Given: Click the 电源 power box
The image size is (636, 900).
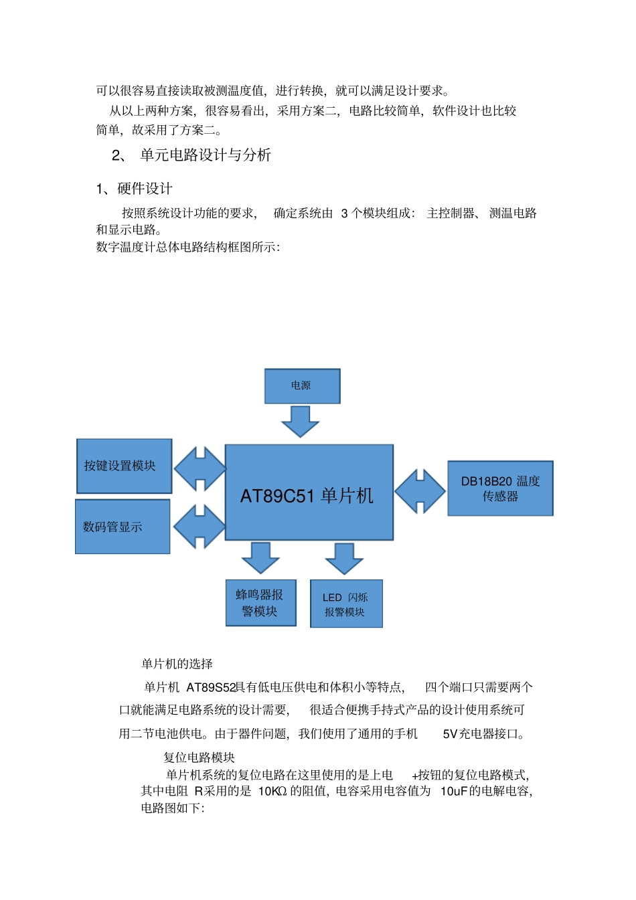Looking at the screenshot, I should pos(302,386).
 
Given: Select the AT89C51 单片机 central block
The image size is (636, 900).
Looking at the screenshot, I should pos(309,492).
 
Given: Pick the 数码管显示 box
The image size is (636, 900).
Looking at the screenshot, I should pos(123,527).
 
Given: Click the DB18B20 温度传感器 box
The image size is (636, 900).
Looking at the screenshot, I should pos(500,488).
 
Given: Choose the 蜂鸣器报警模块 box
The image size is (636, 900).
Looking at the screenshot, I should pos(260,603).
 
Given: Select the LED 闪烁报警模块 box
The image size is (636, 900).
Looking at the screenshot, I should pos(346,604).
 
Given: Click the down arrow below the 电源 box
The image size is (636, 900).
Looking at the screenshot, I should pos(300,421).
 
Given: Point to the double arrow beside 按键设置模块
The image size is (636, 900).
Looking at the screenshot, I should pos(200,469).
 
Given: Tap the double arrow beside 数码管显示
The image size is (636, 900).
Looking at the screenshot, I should pos(199,527).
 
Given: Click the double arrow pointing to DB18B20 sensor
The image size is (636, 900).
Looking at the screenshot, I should pos(420,491).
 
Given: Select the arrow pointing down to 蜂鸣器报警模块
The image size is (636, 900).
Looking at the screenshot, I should pos(260,557).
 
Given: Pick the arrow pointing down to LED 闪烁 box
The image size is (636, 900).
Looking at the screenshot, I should pos(344,558).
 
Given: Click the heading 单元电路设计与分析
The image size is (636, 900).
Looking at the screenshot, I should pos(205,155).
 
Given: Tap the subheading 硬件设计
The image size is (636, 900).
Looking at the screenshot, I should pos(145,189).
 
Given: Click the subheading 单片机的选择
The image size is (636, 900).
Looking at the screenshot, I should pos(177,664).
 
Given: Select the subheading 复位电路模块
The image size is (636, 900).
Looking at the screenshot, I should pos(199,757).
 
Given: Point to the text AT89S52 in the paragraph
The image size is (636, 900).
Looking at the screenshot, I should pos(211,687).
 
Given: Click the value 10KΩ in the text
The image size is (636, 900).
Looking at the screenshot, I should pos(272,791).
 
